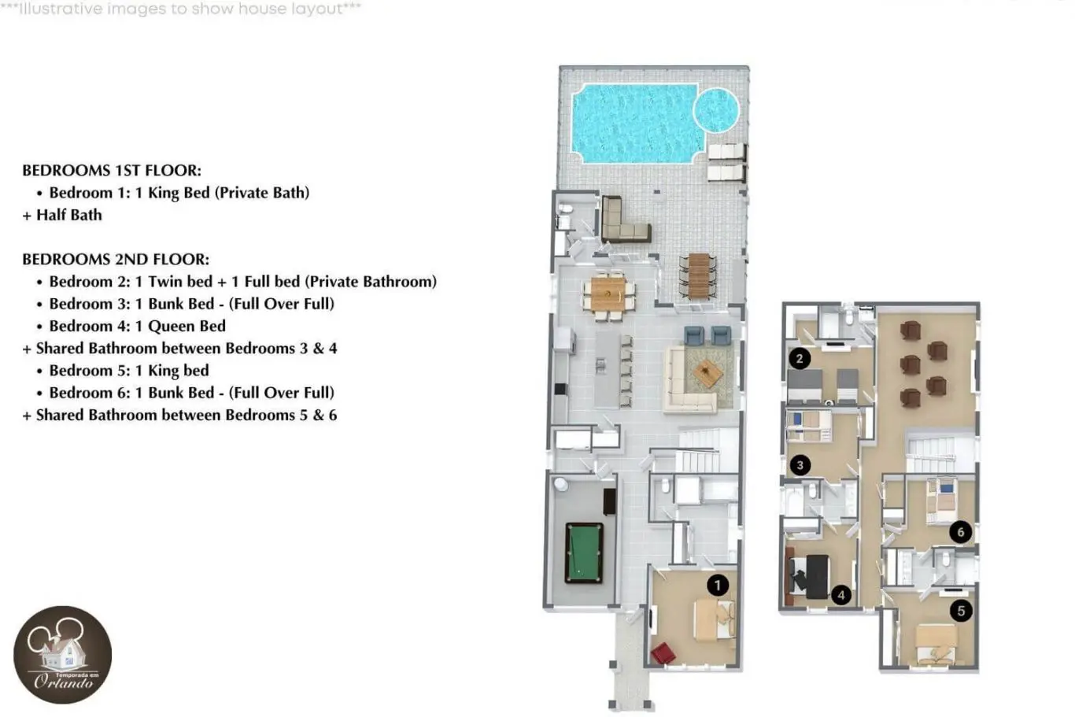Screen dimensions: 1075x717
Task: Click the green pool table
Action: [x=584, y=553]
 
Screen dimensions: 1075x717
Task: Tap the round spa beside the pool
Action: [x=716, y=110]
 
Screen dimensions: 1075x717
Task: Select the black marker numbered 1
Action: [x=718, y=585]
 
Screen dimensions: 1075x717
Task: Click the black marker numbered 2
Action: [x=800, y=359]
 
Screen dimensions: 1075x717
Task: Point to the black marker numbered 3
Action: [x=800, y=465]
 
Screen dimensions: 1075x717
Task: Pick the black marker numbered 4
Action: [x=840, y=595]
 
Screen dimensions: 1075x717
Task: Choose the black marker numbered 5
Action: [x=961, y=611]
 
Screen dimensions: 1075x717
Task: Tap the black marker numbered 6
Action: [x=961, y=532]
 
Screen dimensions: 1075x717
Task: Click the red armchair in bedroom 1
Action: [x=663, y=653]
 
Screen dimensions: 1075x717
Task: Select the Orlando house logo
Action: [x=63, y=655]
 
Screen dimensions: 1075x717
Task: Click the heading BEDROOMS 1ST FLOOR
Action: [x=112, y=170]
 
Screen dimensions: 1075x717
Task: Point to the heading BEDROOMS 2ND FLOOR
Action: [x=116, y=259]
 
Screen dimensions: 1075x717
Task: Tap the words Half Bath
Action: [x=69, y=215]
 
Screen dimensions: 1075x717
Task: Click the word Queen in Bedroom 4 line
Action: [x=171, y=327]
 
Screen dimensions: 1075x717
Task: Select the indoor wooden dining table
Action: [x=608, y=294]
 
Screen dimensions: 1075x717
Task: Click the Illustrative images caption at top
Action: [x=181, y=9]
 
